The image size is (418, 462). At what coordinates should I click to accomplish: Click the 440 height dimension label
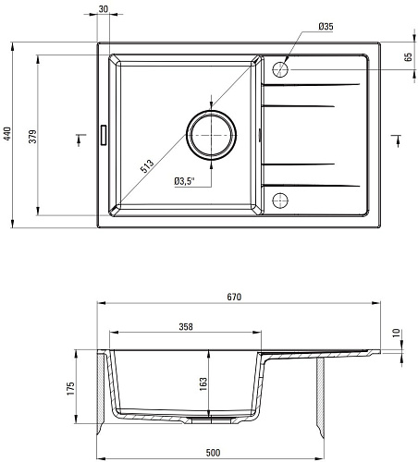[x=6, y=134]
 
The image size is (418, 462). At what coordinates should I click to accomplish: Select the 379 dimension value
[x=32, y=137]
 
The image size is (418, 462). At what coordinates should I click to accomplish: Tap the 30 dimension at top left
[x=104, y=9]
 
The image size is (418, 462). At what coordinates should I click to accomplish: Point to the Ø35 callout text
[x=326, y=27]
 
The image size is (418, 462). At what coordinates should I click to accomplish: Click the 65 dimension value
[x=408, y=57]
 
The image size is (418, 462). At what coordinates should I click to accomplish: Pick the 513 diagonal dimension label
[x=147, y=166]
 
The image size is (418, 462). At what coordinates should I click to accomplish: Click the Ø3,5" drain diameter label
[x=185, y=181]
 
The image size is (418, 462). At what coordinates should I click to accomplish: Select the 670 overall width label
[x=234, y=297]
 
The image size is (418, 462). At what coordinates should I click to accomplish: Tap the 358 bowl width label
[x=186, y=326]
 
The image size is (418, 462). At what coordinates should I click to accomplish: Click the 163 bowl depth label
[x=203, y=384]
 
